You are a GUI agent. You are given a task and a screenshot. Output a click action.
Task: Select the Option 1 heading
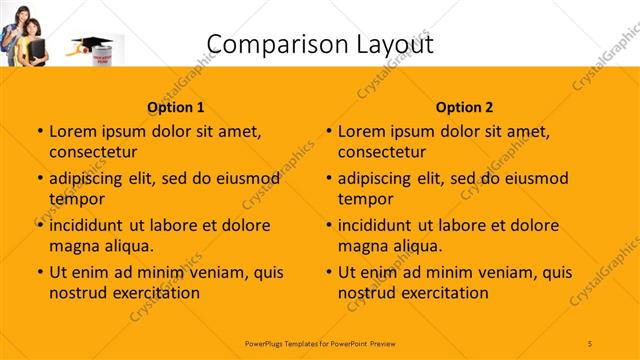176,107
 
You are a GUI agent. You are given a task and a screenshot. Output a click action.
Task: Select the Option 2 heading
465,107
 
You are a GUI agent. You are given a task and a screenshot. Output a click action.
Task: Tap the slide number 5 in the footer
590,343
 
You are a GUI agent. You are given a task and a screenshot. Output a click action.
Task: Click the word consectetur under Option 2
382,152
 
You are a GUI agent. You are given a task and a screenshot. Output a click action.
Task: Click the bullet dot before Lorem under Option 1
40,132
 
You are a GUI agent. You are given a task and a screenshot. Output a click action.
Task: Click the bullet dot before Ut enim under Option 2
329,272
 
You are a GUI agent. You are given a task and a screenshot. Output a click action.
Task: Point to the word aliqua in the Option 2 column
415,245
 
